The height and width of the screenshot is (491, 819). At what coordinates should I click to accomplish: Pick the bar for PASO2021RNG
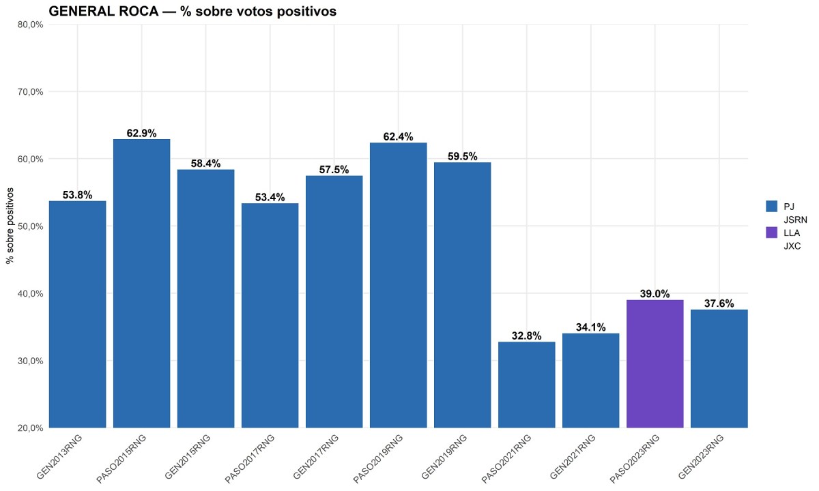point(526,385)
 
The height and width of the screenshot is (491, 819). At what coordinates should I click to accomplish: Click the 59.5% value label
point(462,156)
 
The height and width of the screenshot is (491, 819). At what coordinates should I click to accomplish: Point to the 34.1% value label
point(590,327)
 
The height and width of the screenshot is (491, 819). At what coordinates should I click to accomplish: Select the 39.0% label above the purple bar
point(655,294)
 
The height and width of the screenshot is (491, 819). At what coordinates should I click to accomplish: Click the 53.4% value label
point(270,197)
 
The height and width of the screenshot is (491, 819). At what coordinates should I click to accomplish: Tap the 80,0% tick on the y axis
point(30,25)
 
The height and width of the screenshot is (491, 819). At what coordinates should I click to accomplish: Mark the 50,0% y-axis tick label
point(30,226)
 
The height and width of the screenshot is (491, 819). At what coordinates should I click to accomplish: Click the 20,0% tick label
point(30,428)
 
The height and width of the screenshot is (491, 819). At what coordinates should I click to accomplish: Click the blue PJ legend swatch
point(772,205)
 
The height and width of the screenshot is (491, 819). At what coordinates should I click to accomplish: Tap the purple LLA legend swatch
point(772,233)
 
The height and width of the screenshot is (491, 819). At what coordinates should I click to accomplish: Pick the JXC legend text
point(792,246)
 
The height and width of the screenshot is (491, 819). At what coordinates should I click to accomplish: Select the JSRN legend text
point(795,219)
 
